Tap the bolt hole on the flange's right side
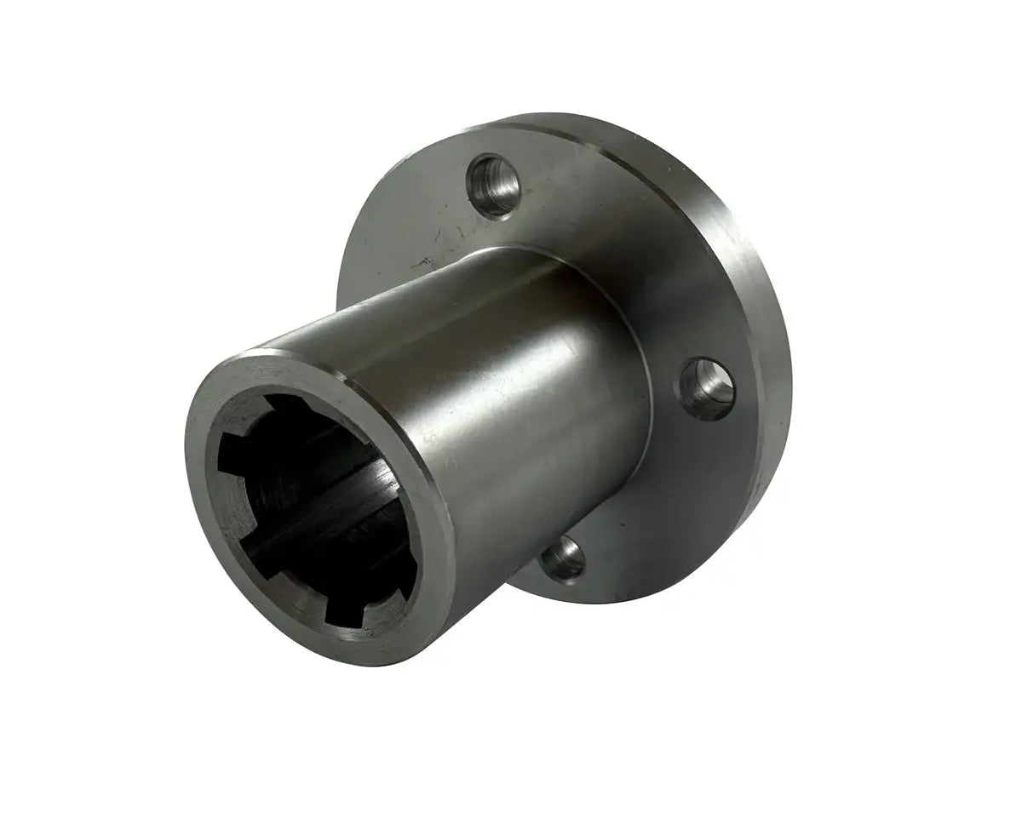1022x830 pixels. [x=706, y=387]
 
